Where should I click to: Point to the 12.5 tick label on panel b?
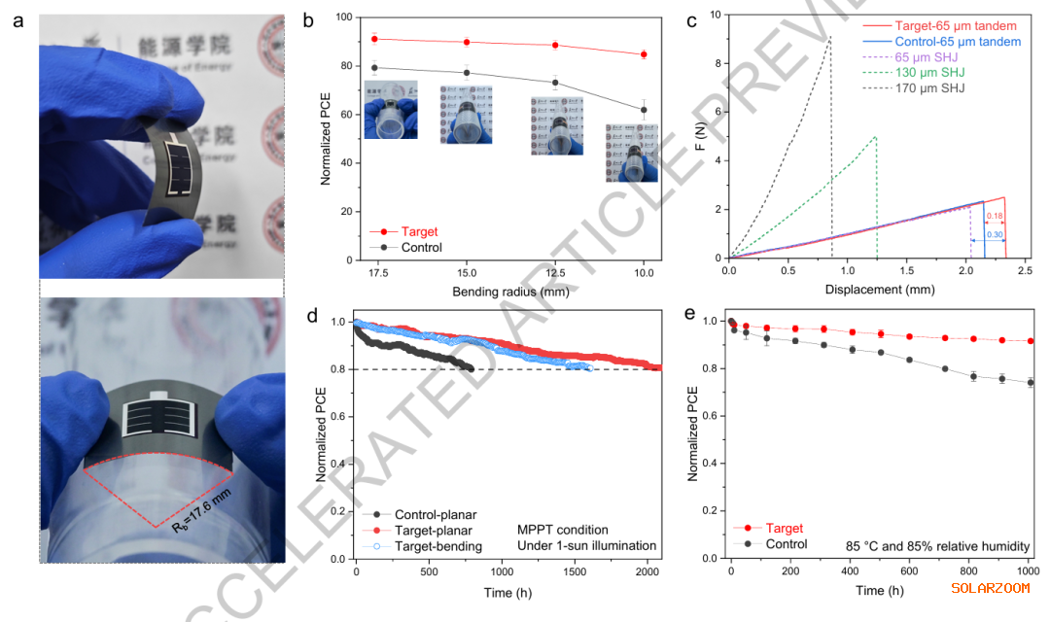555,274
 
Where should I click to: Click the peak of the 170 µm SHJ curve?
830,38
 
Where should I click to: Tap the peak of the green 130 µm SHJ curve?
876,137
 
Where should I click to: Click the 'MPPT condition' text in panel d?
563,531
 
